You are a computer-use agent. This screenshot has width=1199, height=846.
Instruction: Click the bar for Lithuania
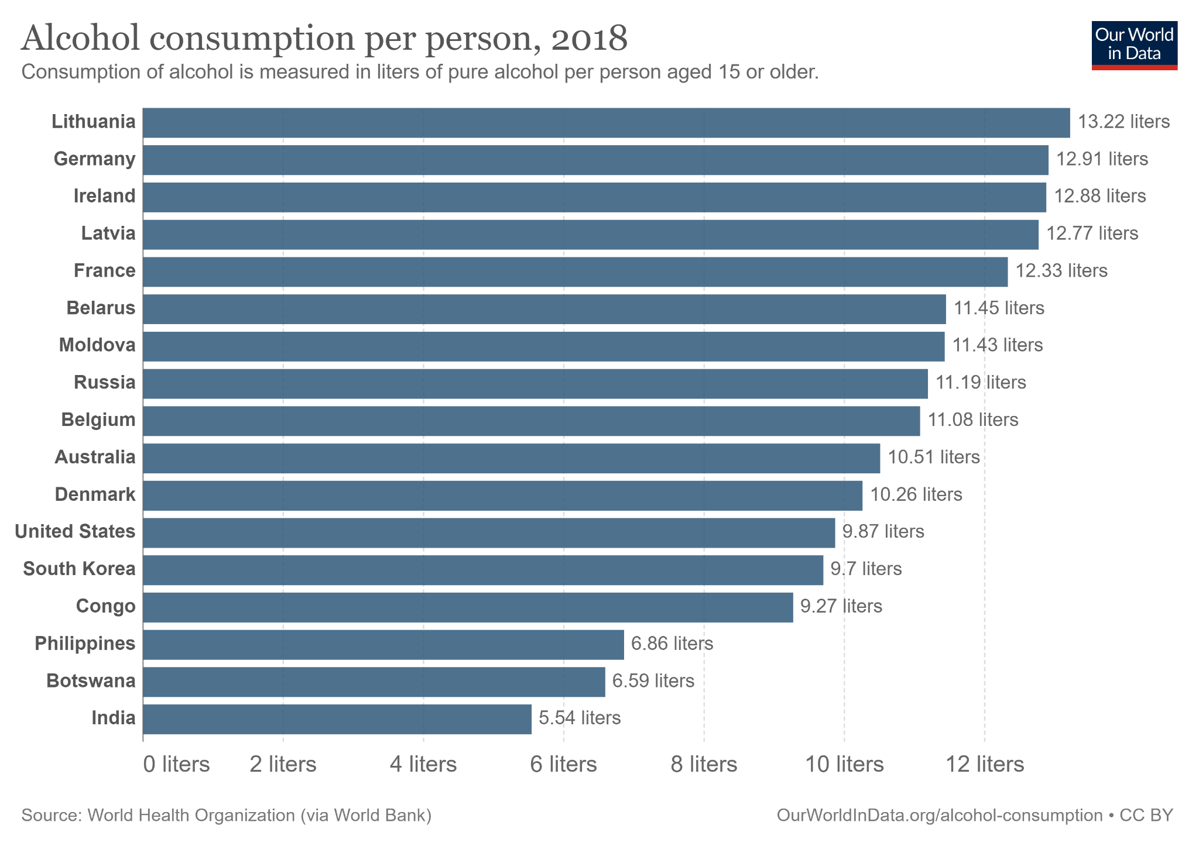606,123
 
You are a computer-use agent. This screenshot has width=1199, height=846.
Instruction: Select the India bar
337,719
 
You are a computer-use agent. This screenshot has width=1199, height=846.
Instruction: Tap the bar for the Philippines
383,645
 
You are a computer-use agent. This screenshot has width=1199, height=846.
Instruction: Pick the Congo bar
467,607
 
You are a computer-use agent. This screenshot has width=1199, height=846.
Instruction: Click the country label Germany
94,159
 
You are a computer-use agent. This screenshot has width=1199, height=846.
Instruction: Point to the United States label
75,532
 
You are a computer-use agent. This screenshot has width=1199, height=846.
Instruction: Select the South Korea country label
79,569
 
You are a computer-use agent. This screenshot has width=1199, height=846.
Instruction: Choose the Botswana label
91,681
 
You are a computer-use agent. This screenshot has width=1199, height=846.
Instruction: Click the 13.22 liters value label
1123,122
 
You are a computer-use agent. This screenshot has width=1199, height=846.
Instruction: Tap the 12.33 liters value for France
1061,271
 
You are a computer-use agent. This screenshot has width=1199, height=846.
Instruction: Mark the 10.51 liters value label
933,457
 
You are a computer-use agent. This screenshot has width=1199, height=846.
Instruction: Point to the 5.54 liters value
580,718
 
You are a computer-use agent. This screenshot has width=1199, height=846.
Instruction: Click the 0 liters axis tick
176,764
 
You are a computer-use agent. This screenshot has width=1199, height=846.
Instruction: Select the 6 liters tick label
563,764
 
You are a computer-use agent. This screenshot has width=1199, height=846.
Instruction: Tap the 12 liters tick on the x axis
985,764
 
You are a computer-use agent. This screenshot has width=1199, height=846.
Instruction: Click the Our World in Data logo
1134,46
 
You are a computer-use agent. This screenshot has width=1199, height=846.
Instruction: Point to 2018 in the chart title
588,39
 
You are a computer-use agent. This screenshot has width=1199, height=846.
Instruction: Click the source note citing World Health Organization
226,816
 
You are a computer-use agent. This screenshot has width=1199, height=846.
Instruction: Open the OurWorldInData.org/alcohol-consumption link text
939,816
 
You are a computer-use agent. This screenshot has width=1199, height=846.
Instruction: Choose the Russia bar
535,384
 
